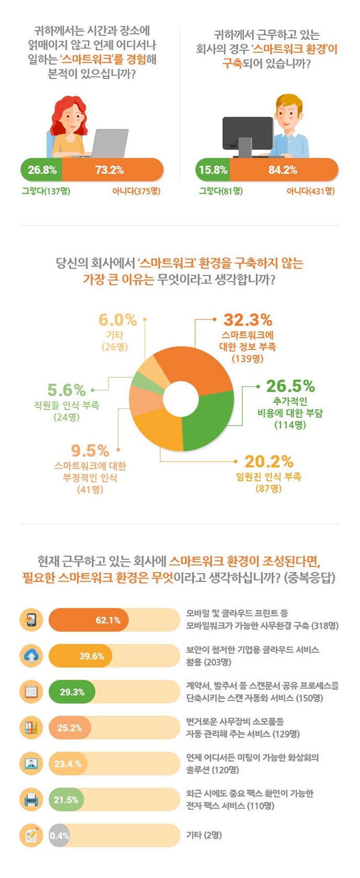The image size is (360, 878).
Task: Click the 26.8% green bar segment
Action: click(42, 170)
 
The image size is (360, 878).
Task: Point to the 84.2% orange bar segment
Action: click(283, 170)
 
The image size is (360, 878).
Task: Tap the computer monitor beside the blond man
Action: click(247, 134)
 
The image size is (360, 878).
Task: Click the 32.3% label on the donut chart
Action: click(248, 319)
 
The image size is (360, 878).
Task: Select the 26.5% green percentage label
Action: click(290, 386)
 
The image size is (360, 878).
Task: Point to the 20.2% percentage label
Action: click(268, 461)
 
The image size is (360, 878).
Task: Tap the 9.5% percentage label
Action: click(90, 450)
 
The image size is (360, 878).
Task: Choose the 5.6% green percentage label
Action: click(66, 390)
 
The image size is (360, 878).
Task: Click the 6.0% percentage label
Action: click(117, 319)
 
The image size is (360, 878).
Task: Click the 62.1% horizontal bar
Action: click(88, 620)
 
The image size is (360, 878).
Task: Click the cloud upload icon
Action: click(31, 655)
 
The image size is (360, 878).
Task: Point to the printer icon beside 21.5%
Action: click(31, 799)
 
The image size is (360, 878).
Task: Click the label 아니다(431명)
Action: click(310, 191)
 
